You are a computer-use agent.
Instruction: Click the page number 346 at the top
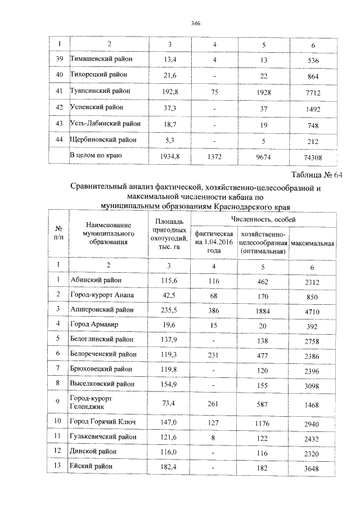click(196, 23)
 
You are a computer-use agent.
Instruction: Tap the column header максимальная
click(313, 243)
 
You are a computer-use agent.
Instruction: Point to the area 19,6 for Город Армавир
click(168, 325)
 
